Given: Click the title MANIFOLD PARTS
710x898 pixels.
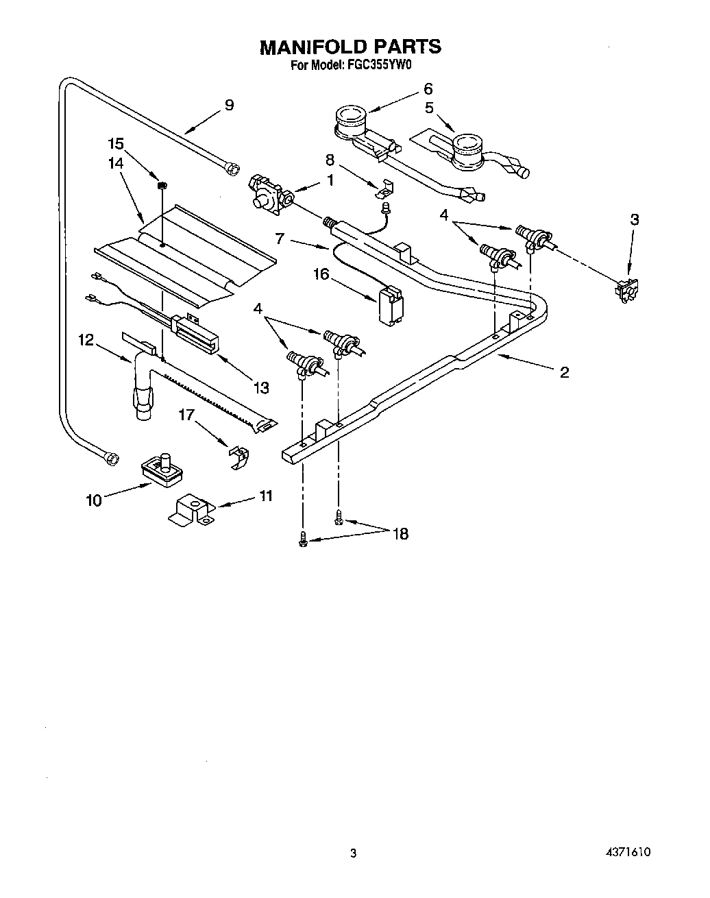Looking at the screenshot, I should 350,47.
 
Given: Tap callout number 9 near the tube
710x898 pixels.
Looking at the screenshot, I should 229,105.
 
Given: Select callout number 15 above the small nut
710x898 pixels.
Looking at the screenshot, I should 116,144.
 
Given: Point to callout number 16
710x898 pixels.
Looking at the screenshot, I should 321,274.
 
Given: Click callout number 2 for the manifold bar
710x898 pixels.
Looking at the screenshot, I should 564,372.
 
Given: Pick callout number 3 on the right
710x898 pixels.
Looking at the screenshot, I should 635,219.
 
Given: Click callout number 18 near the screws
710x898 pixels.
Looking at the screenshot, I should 400,534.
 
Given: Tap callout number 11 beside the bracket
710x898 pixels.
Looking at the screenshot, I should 266,496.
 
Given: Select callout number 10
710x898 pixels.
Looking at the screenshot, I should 93,500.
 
